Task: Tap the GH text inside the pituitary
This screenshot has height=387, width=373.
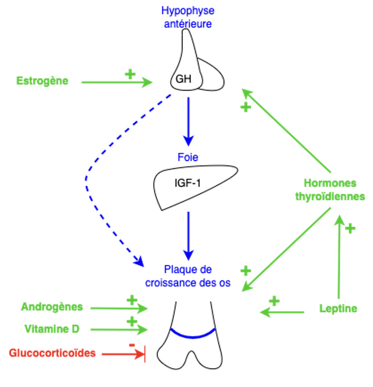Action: (183, 79)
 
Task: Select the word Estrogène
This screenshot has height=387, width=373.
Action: (42, 81)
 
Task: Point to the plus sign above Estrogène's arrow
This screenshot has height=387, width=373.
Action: (130, 74)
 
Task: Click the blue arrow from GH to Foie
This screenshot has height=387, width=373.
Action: (188, 121)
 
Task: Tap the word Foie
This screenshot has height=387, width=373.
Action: (188, 157)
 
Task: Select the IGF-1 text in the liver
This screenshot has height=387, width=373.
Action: (188, 184)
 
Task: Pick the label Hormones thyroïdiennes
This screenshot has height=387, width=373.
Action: (330, 190)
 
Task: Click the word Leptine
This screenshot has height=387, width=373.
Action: (338, 309)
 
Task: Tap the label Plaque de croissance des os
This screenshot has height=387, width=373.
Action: (188, 276)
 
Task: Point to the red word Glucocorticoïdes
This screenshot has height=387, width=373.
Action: (52, 353)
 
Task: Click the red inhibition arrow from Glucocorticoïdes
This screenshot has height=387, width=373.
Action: (123, 354)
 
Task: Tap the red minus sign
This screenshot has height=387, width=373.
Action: (131, 345)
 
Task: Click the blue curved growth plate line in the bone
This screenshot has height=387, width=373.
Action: (193, 335)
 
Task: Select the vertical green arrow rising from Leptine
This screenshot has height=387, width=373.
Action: (339, 258)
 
